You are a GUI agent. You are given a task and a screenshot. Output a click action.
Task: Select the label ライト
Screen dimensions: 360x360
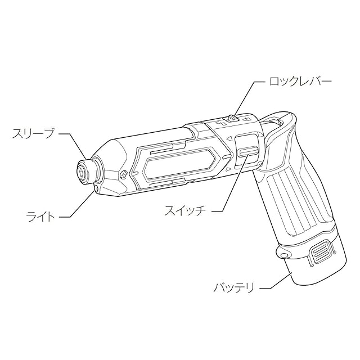[42, 216]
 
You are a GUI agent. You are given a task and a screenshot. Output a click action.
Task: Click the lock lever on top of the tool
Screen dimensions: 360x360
[231, 119]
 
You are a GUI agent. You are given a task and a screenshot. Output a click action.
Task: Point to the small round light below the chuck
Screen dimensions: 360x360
[97, 190]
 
